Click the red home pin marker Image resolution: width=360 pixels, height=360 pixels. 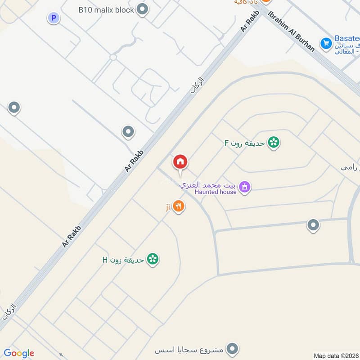click(180, 162)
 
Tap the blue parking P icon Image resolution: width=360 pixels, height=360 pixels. click(54, 18)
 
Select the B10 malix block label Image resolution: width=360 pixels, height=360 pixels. click(106, 9)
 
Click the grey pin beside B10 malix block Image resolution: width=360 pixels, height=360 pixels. click(143, 9)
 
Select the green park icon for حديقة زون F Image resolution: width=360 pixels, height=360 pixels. click(273, 143)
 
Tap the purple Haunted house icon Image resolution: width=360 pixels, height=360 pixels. click(244, 186)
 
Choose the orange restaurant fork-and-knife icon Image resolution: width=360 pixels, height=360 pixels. click(179, 207)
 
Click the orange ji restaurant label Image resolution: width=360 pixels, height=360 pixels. click(167, 207)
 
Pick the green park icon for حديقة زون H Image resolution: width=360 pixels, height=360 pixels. click(153, 259)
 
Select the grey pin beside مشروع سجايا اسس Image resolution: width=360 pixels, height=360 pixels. click(232, 348)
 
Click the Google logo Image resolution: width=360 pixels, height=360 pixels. click(19, 353)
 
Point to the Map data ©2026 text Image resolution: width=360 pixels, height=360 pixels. click(336, 356)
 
